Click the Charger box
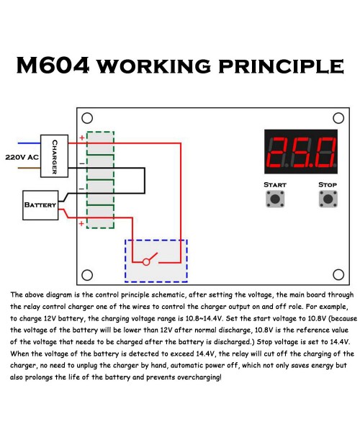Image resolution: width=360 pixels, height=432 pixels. (x=54, y=156)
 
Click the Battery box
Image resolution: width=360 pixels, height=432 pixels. (x=40, y=205)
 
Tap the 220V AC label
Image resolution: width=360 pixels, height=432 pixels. (x=22, y=157)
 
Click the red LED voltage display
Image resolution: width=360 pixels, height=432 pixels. (x=301, y=151)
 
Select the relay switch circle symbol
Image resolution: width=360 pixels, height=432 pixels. (x=146, y=262)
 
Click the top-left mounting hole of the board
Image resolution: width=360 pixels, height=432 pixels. (x=87, y=118)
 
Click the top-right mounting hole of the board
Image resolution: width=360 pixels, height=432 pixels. (x=338, y=118)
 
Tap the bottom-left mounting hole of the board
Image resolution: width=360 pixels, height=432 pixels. (x=87, y=275)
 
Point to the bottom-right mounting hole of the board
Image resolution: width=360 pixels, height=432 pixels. (x=338, y=274)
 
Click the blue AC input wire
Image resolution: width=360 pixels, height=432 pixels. (x=30, y=143)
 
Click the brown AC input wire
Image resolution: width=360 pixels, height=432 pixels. (x=30, y=168)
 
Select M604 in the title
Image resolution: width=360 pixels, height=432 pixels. (x=53, y=66)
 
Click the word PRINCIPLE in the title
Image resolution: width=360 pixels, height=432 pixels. (x=281, y=66)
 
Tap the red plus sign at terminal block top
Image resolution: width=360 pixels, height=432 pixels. (x=82, y=138)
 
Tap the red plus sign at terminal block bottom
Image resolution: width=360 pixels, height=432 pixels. (x=81, y=223)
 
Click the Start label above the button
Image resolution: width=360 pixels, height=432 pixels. (x=275, y=184)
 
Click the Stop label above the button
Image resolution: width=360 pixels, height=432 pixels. (x=328, y=184)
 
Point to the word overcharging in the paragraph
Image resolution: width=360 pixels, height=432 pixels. (x=199, y=377)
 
